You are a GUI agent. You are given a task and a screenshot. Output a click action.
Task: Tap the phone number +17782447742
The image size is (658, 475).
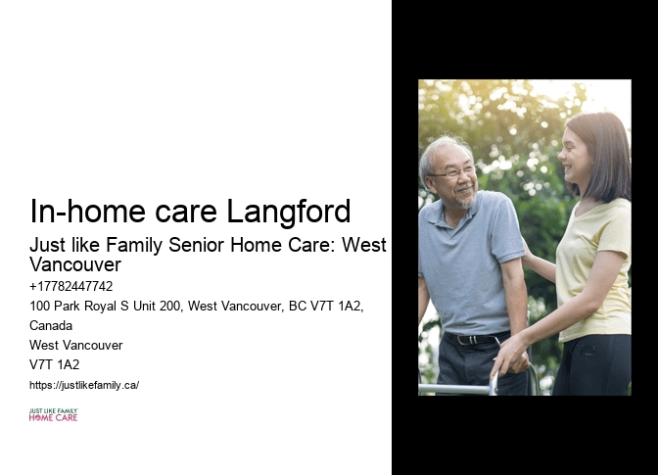click(71, 287)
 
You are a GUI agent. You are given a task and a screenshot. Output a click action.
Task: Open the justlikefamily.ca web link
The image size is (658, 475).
click(84, 385)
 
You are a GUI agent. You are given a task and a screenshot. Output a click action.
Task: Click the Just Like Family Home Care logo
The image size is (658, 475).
click(53, 415)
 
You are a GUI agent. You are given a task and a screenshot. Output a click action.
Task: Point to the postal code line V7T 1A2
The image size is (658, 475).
click(55, 364)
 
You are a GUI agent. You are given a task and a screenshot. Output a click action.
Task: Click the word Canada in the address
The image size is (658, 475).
click(51, 325)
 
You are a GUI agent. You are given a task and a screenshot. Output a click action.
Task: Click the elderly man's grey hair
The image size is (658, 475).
click(441, 149)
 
